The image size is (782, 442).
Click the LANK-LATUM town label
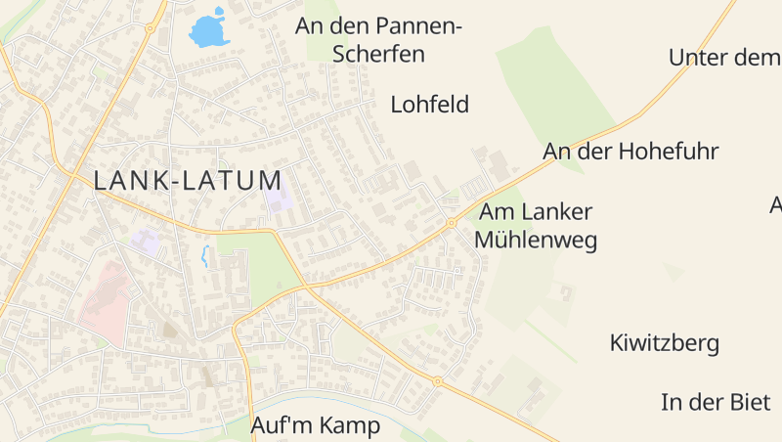[x=188, y=180]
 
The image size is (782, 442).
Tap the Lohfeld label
[x=430, y=105]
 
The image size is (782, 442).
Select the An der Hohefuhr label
[x=630, y=152]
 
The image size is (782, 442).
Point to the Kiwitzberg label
[x=665, y=343]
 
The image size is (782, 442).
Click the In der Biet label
[x=716, y=402]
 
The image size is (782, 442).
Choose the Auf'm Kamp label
[x=316, y=426]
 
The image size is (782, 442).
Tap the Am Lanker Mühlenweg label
[x=536, y=226]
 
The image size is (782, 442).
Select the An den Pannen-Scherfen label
[x=378, y=39]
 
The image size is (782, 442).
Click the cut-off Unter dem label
[x=724, y=58]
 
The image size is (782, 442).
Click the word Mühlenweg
[x=536, y=240]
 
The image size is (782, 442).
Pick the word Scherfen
[x=378, y=54]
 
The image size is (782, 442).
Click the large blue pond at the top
[x=209, y=31]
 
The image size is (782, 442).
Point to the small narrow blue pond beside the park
[x=204, y=256]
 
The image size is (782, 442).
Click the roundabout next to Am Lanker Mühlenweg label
[x=451, y=223]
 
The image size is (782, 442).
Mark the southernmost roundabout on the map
[x=437, y=381]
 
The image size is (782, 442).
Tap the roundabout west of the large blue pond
[x=150, y=28]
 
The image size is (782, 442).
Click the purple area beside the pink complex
[x=146, y=241]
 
